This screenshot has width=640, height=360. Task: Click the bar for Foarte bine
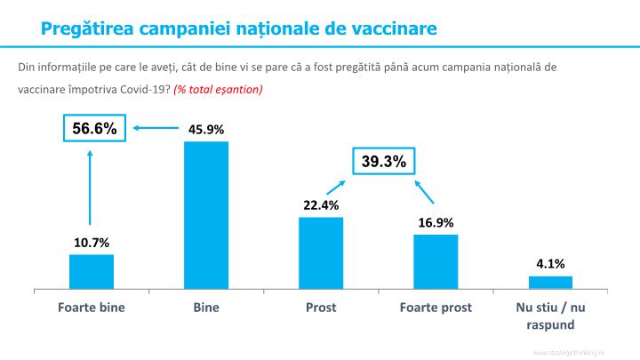92,272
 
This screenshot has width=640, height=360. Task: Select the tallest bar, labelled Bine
206,215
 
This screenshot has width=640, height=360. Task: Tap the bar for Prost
321,253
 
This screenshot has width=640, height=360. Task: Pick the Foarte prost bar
436,262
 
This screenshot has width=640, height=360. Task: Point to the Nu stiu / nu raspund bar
550,283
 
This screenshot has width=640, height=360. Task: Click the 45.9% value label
206,130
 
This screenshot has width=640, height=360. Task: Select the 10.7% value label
92,243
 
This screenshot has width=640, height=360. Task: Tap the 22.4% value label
321,205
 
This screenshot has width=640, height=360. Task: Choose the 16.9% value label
436,223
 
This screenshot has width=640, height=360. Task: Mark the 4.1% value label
550,264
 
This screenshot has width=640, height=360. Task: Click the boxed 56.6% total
94,129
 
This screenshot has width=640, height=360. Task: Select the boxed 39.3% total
384,161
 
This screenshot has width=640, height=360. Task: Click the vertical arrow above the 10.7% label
90,188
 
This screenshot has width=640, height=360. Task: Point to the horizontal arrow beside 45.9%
156,128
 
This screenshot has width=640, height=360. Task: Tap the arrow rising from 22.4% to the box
335,188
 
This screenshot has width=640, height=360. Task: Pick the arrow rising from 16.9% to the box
424,192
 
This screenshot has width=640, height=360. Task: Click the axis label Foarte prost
436,308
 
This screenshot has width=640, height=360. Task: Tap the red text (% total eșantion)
218,90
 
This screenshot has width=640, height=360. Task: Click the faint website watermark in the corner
569,353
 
